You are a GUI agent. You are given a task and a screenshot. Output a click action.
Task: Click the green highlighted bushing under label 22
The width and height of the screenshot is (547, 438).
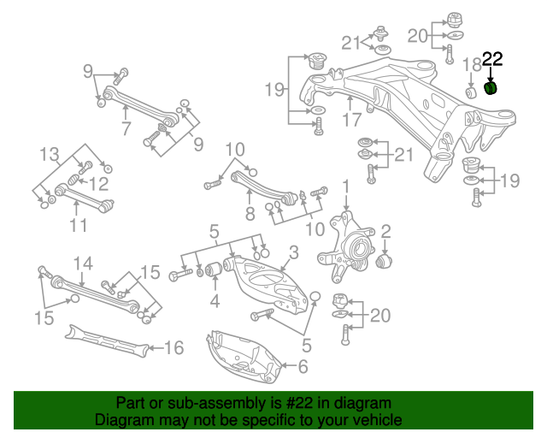[491, 87]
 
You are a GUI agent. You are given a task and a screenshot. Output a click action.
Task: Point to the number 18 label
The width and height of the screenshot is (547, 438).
[472, 65]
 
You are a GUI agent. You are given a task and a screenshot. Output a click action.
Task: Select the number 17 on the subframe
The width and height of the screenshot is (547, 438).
[352, 120]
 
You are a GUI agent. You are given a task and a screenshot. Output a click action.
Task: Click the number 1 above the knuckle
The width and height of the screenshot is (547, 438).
[346, 186]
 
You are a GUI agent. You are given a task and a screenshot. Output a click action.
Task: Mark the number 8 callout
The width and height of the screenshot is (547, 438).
[250, 214]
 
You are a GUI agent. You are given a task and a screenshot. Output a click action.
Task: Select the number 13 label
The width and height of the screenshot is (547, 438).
[50, 155]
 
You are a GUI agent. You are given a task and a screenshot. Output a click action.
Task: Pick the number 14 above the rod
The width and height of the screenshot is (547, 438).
[82, 263]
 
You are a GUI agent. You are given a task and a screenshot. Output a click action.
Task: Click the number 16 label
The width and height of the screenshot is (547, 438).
[174, 347]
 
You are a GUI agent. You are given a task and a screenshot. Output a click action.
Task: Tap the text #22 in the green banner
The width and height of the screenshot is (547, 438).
[293, 403]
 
